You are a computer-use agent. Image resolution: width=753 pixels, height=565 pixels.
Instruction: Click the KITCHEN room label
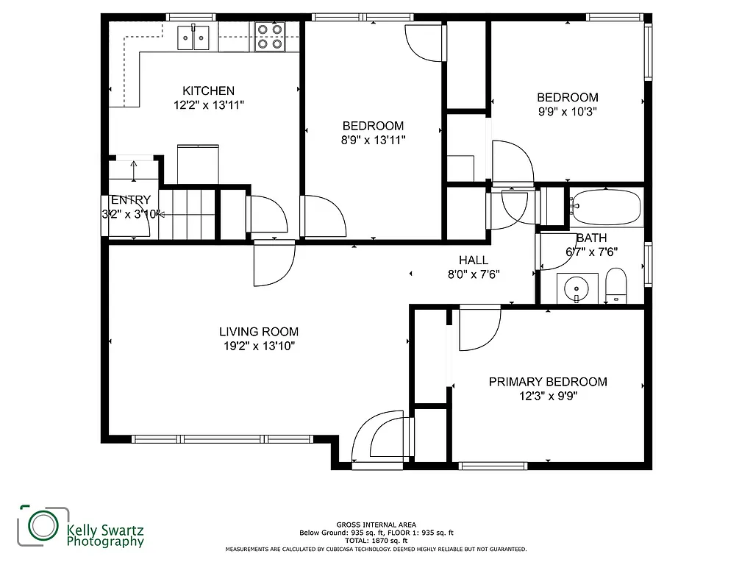209,90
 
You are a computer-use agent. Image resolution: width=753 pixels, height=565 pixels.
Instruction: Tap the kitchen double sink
194,37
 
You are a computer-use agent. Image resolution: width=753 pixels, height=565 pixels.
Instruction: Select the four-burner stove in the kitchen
269,37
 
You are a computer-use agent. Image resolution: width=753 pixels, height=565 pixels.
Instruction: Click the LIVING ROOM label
259,332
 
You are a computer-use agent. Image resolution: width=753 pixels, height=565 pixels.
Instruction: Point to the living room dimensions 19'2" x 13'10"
259,346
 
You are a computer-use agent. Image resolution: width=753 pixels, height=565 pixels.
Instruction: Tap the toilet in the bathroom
615,286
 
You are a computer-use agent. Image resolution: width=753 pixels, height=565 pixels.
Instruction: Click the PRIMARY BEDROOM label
548,382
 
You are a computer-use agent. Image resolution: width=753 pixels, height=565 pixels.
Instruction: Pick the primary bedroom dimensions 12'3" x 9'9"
548,396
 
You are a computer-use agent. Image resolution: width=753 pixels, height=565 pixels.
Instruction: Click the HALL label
474,260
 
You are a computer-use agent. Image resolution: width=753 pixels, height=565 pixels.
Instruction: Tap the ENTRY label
131,199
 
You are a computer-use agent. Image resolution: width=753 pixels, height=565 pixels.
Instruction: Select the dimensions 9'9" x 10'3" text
567,112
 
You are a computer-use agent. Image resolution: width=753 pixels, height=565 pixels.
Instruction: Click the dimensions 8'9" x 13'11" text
374,139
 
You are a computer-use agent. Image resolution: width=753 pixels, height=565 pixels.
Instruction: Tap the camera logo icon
41,525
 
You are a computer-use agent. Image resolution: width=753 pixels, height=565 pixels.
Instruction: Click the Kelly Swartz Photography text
104,535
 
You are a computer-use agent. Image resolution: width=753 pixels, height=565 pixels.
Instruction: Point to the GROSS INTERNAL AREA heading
376,525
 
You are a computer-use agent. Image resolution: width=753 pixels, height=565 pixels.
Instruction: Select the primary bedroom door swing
478,330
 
